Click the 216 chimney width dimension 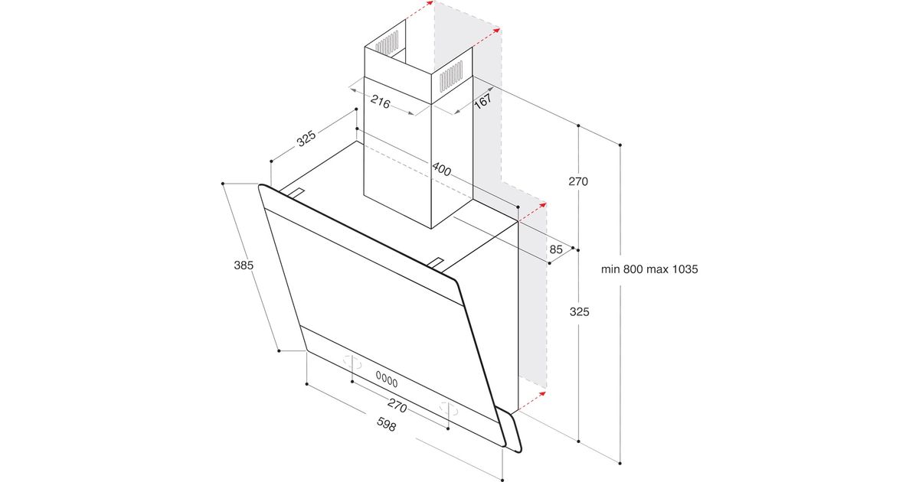point(380,102)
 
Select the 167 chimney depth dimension point(483,101)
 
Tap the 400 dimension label point(441,169)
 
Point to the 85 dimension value point(556,249)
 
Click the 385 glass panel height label point(244,265)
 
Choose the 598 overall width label point(386,425)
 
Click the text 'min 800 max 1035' point(649,269)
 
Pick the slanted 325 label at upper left point(306,138)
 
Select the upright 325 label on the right point(579,312)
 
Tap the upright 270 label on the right point(578,181)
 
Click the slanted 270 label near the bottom point(397,405)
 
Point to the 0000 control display point(387,379)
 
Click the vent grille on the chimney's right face point(451,77)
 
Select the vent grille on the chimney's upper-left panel point(387,43)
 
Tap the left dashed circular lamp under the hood point(353,362)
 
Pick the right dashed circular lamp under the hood point(448,408)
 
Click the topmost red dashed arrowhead point(429,4)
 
